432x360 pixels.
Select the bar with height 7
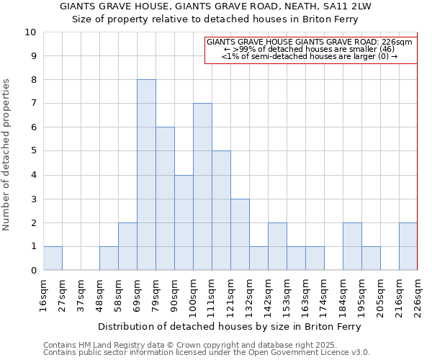[x=202, y=186]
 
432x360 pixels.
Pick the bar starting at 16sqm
[x=53, y=258]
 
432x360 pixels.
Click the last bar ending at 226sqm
[x=408, y=246]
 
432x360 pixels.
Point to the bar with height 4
[x=184, y=222]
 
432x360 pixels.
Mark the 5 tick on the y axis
[x=33, y=151]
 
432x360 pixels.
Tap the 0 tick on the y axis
[x=33, y=271]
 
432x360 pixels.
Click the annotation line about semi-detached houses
[x=310, y=56]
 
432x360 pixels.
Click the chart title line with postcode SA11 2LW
[x=215, y=6]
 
